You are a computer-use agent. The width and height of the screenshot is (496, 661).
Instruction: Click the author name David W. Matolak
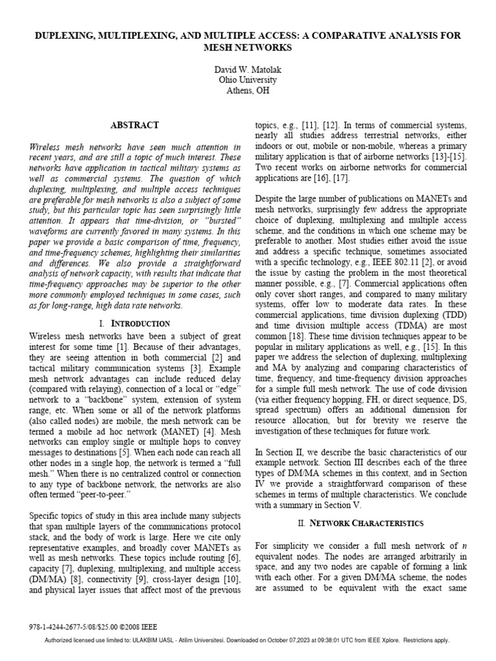[248, 68]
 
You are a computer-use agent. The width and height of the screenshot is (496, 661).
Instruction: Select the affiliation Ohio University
[248, 79]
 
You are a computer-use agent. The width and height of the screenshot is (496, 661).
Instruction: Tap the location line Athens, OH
[248, 90]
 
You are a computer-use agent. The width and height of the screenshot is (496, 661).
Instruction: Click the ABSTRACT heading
[135, 125]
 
